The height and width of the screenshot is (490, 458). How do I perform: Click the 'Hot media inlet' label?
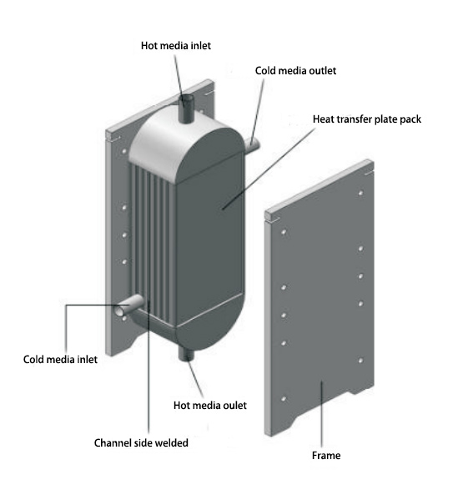(175, 46)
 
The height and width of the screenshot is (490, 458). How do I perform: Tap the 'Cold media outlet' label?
(295, 71)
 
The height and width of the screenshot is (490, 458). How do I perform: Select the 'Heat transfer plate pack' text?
(367, 119)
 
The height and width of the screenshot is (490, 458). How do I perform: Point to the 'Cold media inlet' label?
(60, 360)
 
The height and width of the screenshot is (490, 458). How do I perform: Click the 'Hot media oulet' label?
(210, 406)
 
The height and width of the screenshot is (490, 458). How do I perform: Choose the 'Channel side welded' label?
(141, 442)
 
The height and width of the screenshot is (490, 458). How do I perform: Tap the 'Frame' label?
(326, 455)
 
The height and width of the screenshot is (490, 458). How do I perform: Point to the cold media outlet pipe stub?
(253, 145)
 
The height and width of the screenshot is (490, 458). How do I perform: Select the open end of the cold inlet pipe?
(119, 311)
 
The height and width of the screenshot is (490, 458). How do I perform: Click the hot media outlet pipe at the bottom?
(186, 354)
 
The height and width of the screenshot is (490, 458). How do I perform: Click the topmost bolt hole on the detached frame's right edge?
(360, 193)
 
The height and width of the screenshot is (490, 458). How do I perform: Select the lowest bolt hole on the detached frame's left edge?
(284, 399)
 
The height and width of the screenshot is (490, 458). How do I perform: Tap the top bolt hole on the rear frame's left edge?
(124, 151)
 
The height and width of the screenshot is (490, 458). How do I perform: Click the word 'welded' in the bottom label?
(172, 442)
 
